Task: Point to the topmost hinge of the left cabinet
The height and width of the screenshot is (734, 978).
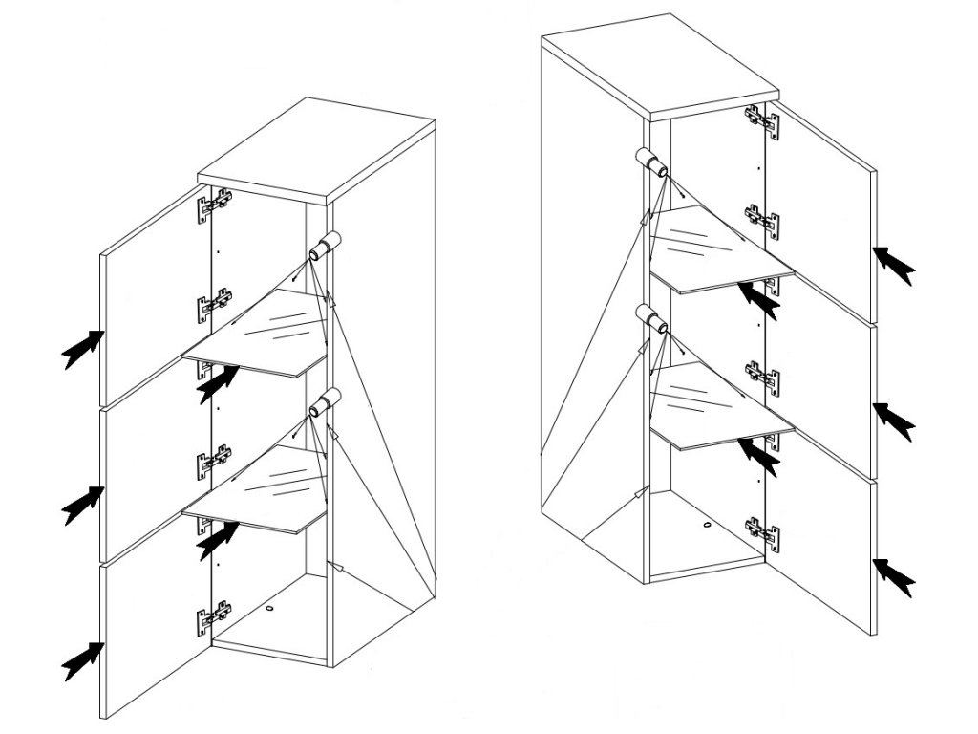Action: point(215,205)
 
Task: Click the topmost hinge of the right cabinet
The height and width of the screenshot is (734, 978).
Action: point(760,119)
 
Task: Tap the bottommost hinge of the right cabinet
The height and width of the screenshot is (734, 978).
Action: point(760,531)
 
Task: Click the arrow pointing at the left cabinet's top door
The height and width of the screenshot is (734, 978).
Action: point(82,348)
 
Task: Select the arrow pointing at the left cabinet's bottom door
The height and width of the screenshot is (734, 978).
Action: point(82,659)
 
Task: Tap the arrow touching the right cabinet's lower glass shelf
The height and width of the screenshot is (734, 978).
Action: point(759,454)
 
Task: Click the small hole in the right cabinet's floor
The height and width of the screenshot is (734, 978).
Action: point(706,525)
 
